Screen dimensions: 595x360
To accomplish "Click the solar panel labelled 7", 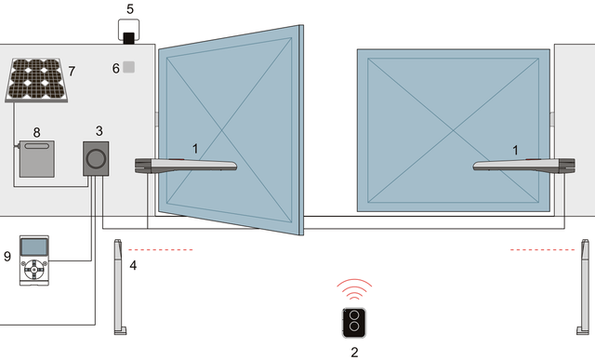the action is [x=36, y=80].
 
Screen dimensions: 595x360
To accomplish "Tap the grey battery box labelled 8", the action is [x=37, y=159].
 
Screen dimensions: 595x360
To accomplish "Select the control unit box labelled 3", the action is [x=96, y=159].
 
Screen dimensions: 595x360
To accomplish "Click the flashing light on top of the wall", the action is [x=128, y=32].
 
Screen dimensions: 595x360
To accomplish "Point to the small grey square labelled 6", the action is [x=128, y=67].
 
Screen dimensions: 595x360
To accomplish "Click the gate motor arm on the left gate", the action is [x=186, y=166].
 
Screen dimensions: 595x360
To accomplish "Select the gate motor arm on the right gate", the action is [x=524, y=166].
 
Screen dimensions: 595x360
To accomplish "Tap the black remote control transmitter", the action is [x=354, y=323].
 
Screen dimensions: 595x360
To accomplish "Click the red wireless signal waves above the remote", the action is [x=354, y=289].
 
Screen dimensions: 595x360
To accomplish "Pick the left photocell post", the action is [x=120, y=287].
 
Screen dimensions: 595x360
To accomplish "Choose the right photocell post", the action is [x=583, y=287].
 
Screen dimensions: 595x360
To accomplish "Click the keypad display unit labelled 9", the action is [x=34, y=260].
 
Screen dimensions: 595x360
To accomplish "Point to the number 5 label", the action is [x=130, y=9].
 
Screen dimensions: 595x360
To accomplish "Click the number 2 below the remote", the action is [x=354, y=353].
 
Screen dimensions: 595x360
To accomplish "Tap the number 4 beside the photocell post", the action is [x=133, y=265].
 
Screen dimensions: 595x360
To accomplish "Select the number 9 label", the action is [x=7, y=257].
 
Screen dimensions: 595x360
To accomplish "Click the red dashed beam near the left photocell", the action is [x=161, y=250].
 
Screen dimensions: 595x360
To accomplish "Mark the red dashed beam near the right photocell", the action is [x=543, y=250].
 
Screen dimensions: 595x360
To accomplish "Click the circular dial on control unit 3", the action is [x=96, y=158].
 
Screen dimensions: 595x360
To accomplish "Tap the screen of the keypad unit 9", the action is [x=34, y=247].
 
